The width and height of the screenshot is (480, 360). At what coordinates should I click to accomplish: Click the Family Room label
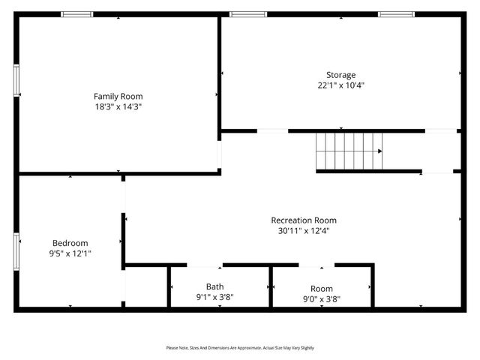pyautogui.click(x=118, y=96)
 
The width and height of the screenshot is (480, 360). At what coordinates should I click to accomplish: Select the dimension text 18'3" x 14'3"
pyautogui.click(x=118, y=107)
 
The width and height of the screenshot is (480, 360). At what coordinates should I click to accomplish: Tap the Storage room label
pyautogui.click(x=340, y=74)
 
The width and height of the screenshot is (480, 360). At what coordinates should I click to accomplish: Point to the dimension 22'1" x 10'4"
pyautogui.click(x=340, y=85)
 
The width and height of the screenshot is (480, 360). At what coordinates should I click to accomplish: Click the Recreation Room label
pyautogui.click(x=304, y=220)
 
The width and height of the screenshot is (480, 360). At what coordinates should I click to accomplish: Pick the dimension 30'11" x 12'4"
pyautogui.click(x=304, y=231)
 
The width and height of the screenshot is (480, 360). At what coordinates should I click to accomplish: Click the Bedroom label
pyautogui.click(x=70, y=242)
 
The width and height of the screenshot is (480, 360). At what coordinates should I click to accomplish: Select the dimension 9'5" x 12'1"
pyautogui.click(x=70, y=253)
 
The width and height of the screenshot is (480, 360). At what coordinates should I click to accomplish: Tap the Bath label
pyautogui.click(x=214, y=286)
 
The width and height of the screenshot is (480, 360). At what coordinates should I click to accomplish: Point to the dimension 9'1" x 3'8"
pyautogui.click(x=214, y=298)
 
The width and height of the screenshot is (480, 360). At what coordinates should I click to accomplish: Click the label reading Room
pyautogui.click(x=321, y=289)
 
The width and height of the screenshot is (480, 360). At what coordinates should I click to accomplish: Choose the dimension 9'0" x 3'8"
pyautogui.click(x=321, y=299)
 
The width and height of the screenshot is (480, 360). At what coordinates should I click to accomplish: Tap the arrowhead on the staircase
pyautogui.click(x=379, y=151)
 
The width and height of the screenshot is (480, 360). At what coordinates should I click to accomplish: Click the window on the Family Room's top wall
pyautogui.click(x=77, y=14)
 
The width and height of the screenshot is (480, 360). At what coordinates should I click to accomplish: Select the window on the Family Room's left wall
pyautogui.click(x=16, y=80)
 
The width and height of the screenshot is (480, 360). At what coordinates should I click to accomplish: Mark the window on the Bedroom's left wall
pyautogui.click(x=16, y=250)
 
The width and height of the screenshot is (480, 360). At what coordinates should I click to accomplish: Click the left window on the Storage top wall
pyautogui.click(x=247, y=14)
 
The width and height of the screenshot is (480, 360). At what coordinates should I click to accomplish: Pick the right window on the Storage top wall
pyautogui.click(x=396, y=14)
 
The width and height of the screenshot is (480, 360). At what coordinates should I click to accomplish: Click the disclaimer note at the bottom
pyautogui.click(x=240, y=348)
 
